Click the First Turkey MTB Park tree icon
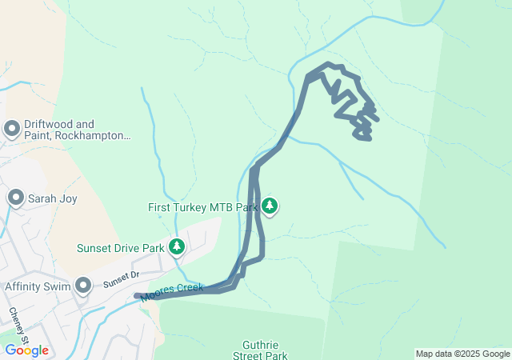tap(270, 206)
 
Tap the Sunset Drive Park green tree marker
tap(177, 247)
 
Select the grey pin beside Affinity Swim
tap(83, 285)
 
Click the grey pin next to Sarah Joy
tap(15, 198)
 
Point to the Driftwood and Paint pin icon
tap(12, 129)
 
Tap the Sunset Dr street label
tap(121, 278)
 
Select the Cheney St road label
tap(19, 323)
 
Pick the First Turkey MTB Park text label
tap(202, 207)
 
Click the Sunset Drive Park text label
tap(120, 248)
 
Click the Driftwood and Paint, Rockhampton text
tap(77, 130)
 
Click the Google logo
tap(26, 350)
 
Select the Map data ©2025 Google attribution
tap(462, 354)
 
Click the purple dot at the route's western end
tap(138, 297)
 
